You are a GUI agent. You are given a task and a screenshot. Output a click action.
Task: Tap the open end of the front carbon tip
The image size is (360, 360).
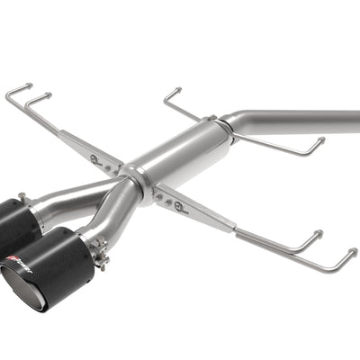tap(20, 290)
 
